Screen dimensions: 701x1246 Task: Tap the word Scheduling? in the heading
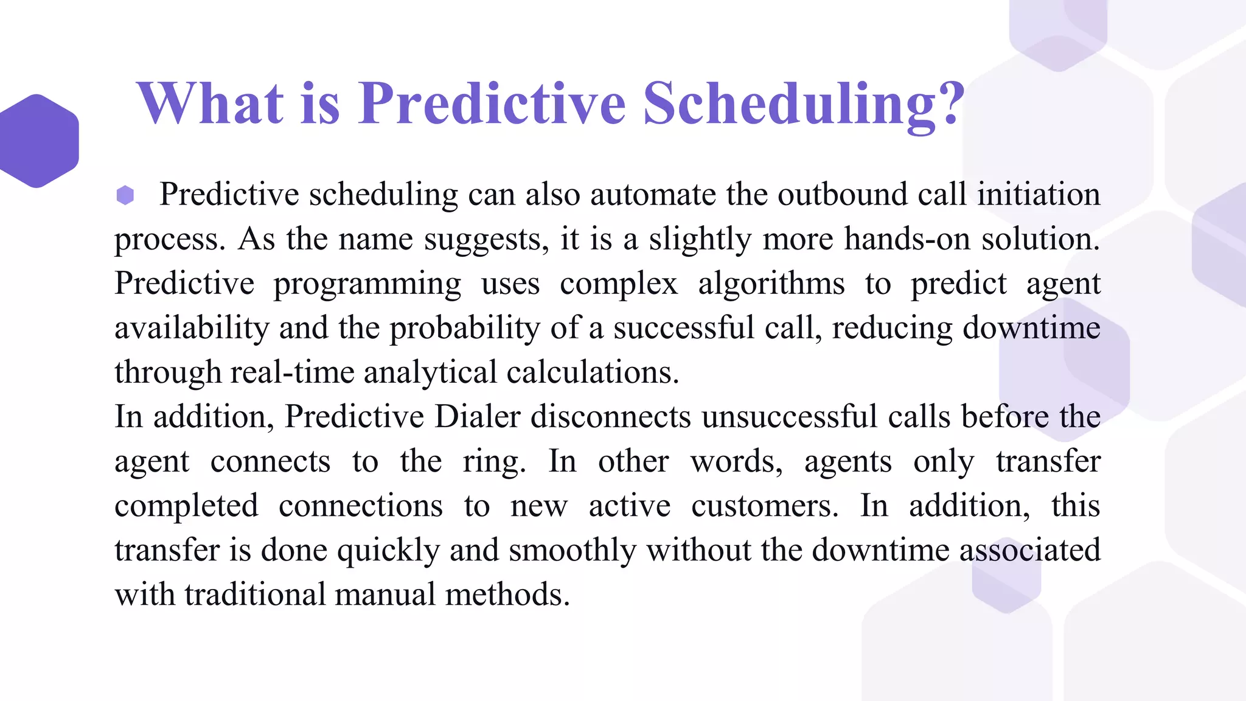(804, 105)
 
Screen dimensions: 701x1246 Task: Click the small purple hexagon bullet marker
(125, 195)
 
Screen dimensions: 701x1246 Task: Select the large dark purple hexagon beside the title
(38, 141)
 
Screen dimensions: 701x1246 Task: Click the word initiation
(1039, 195)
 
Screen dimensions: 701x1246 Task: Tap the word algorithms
(771, 284)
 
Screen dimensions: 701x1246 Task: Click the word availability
(192, 329)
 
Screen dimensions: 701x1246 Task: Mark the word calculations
(592, 372)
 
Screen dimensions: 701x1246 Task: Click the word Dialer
(478, 417)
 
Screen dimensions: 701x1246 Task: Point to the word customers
(765, 506)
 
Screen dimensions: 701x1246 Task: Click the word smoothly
(573, 550)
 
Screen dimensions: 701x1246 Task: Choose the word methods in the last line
(507, 595)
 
